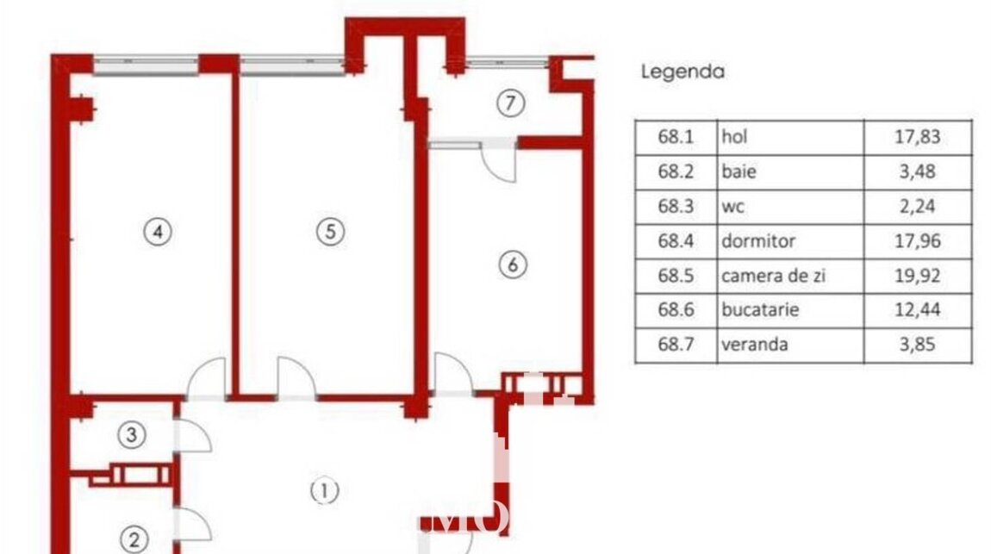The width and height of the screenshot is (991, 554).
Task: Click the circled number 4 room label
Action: tap(158, 232)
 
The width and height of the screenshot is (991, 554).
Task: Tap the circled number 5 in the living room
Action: tap(330, 231)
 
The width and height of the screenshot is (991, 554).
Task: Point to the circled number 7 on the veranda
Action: tap(511, 103)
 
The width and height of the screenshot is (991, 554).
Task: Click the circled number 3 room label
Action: tap(132, 434)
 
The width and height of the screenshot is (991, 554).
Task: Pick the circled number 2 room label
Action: tap(134, 540)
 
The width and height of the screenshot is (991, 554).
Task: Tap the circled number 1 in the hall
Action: tap(324, 491)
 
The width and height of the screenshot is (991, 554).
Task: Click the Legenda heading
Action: tap(682, 72)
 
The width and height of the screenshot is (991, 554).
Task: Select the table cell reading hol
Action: tap(734, 136)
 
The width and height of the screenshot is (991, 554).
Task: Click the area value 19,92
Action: tap(917, 276)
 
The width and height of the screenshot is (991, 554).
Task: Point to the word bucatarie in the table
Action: tap(760, 309)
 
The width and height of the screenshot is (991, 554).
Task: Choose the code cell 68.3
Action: tap(676, 206)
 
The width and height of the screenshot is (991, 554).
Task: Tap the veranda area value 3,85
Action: tap(917, 345)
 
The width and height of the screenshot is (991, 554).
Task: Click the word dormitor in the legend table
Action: tap(758, 240)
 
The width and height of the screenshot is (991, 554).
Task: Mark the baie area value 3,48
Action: tap(917, 171)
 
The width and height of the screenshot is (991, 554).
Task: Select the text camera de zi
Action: tap(774, 276)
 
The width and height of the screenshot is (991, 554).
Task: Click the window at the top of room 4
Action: tap(146, 65)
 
